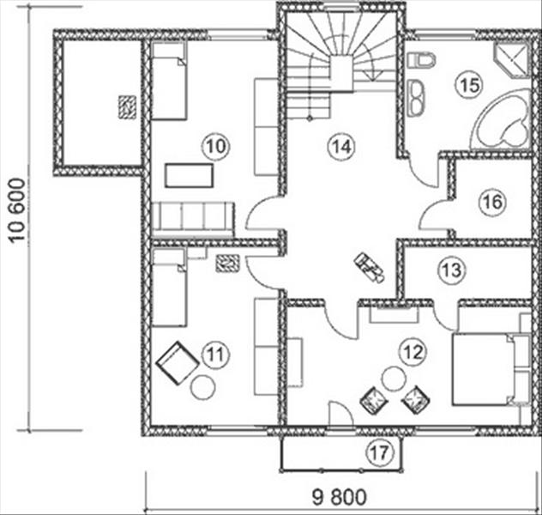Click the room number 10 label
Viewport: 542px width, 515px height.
point(216,147)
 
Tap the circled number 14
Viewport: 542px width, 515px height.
point(341,147)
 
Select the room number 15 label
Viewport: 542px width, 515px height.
point(469,85)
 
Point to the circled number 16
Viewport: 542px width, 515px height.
point(492,202)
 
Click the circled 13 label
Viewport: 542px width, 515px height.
point(451,270)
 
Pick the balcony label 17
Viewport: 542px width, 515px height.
point(380,452)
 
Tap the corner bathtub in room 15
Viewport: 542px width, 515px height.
point(502,120)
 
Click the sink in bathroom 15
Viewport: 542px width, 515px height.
point(417,98)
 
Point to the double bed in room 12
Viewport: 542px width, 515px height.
point(491,369)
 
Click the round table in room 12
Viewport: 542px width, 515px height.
point(394,379)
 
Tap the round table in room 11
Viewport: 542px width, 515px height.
point(203,387)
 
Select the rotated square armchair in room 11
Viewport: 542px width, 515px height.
point(178,362)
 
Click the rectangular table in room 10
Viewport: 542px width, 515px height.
point(189,176)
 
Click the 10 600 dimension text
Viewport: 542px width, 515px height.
point(17,210)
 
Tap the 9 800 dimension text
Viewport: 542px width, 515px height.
point(339,497)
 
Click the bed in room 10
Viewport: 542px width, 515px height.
point(170,81)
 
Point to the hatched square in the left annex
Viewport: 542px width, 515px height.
point(127,107)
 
